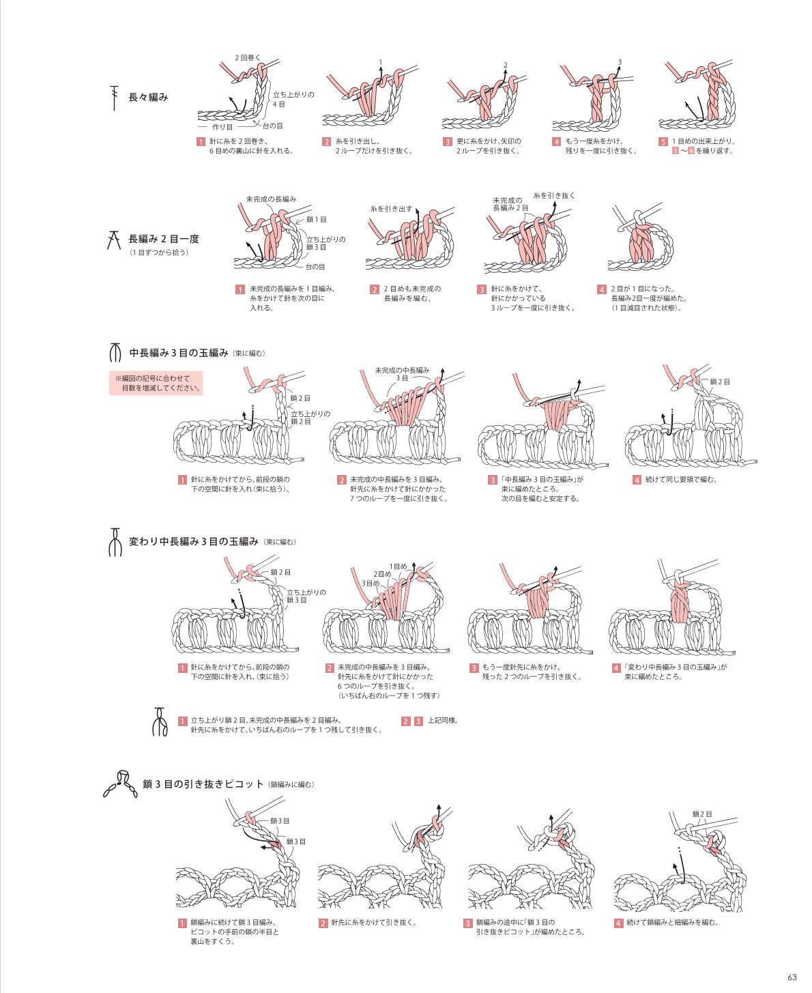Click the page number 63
tap(792, 977)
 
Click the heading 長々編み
tap(148, 97)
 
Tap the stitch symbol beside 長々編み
tap(114, 98)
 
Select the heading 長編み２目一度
tap(164, 239)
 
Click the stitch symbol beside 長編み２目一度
tap(114, 239)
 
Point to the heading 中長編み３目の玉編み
tap(179, 353)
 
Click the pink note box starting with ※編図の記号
tap(156, 383)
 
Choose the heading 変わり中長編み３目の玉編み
tap(194, 541)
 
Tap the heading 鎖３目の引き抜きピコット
tap(203, 784)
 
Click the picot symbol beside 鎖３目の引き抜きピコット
tap(121, 784)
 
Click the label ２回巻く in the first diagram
tap(248, 57)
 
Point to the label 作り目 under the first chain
tap(222, 127)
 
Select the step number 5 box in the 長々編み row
tap(663, 141)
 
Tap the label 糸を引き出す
tap(391, 208)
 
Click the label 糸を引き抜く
tap(554, 195)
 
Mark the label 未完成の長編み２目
tap(510, 204)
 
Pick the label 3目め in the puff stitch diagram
tap(370, 584)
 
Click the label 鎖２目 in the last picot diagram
tap(702, 814)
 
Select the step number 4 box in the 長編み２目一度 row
tap(602, 289)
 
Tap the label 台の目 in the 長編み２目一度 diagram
tap(315, 266)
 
